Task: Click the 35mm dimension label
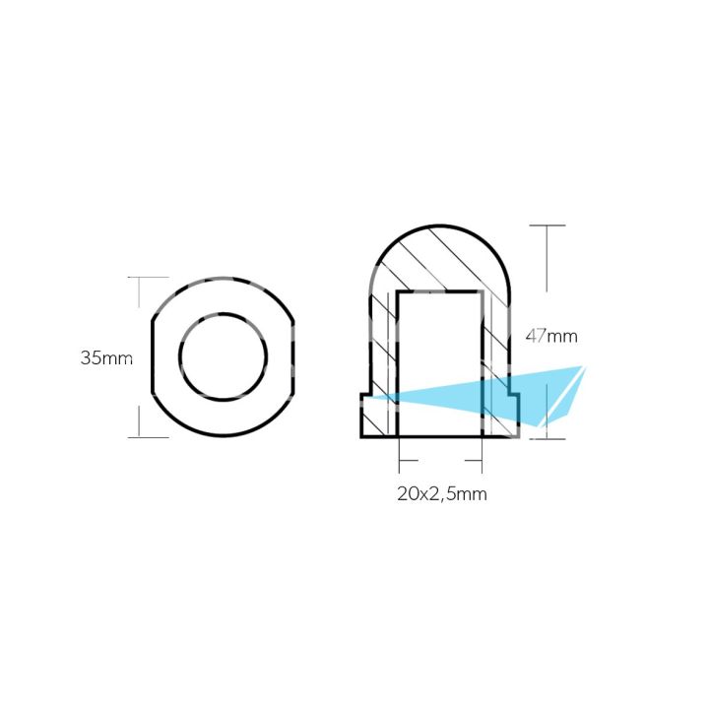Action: [105, 357]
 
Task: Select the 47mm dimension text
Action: [550, 336]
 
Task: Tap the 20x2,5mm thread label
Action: [440, 493]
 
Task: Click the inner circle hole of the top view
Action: [224, 356]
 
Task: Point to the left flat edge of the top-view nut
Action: [152, 356]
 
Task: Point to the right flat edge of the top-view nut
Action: [294, 356]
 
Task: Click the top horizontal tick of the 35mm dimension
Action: [143, 277]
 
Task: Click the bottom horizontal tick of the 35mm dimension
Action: [143, 437]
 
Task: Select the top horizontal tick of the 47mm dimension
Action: [548, 226]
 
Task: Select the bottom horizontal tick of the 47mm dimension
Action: [548, 437]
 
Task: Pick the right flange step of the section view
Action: [512, 415]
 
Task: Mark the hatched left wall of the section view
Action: [383, 345]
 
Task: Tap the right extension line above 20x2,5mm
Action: [481, 458]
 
